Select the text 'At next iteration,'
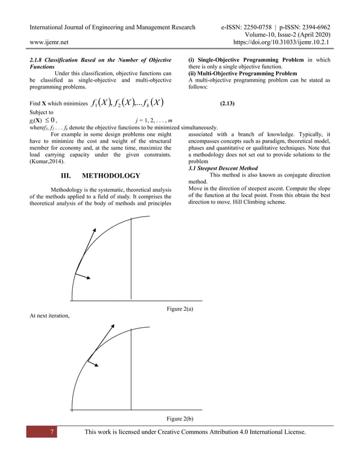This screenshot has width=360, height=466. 49,315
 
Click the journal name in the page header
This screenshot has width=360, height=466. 112,27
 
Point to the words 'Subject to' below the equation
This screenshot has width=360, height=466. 40,112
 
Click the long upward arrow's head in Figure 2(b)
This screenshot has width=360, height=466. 113,326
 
